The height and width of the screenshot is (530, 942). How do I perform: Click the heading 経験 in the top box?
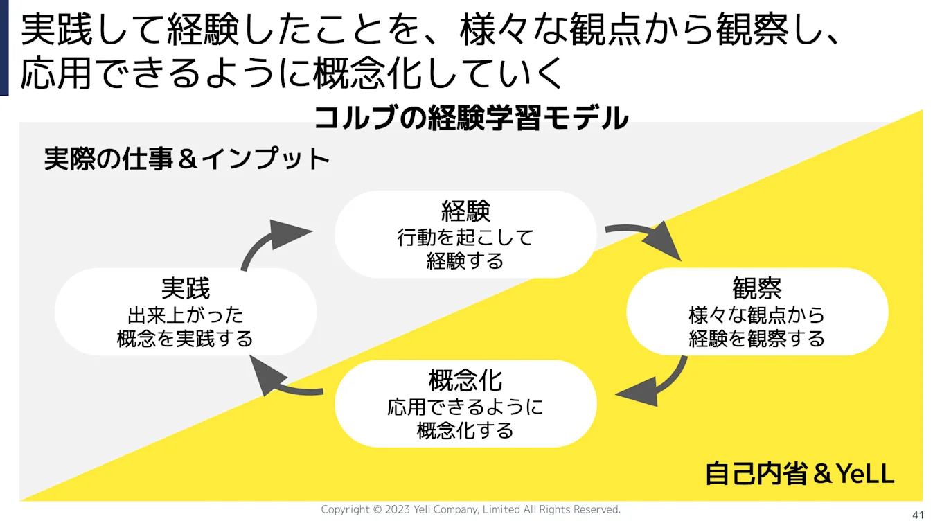click(x=465, y=211)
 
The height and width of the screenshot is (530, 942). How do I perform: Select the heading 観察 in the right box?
click(x=757, y=288)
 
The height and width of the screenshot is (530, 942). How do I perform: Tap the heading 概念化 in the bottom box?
click(x=465, y=380)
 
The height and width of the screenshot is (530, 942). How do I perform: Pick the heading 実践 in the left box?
click(x=185, y=288)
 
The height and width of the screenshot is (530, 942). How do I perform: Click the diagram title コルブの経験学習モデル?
click(x=471, y=118)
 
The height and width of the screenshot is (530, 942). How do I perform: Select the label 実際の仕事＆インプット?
click(x=187, y=159)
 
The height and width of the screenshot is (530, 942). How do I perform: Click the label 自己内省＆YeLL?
click(x=800, y=474)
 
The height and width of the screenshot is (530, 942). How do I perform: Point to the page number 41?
click(x=918, y=515)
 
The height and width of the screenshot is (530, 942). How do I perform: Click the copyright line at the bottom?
click(x=471, y=510)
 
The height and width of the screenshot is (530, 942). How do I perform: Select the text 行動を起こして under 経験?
click(x=465, y=238)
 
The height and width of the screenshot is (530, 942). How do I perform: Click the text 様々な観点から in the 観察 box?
click(x=757, y=315)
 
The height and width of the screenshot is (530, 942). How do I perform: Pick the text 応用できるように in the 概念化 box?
click(x=465, y=407)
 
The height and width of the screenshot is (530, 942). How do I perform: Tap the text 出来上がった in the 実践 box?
click(x=185, y=315)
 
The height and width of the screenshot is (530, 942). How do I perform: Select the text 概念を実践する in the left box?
click(x=185, y=339)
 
